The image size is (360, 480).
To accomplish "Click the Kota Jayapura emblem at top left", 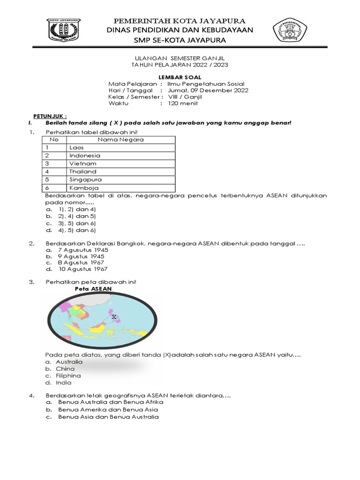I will click(x=64, y=31).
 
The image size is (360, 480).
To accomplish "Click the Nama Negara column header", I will click(x=120, y=139).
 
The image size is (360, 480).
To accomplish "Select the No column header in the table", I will click(x=54, y=139).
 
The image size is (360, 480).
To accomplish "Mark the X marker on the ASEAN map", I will click(x=114, y=317).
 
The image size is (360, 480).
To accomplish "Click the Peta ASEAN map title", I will click(x=93, y=289).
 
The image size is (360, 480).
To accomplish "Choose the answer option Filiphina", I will click(x=68, y=375).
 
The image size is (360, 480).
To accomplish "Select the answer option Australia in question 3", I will click(x=69, y=362).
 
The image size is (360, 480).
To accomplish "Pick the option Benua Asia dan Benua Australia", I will click(x=108, y=416).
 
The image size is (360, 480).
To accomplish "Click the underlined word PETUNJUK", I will click(x=50, y=115).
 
